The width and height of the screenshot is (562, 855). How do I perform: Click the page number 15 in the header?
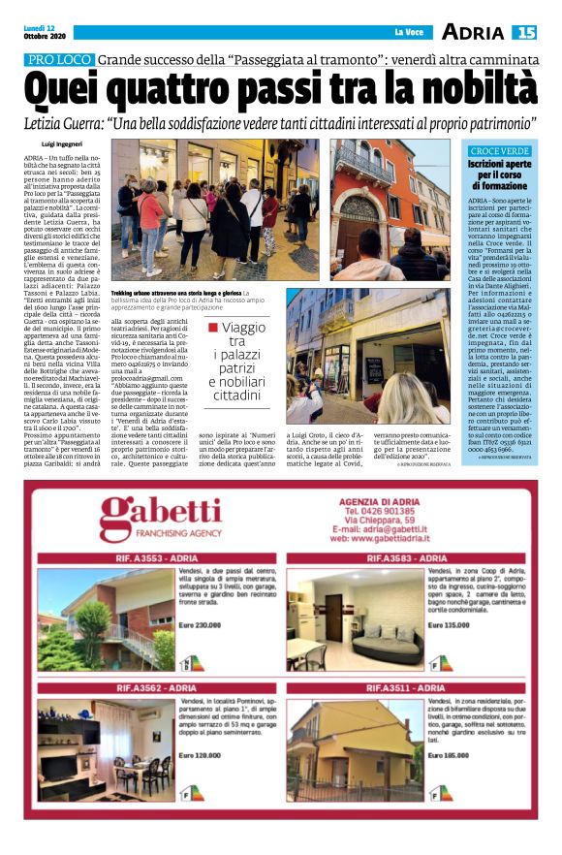(x=524, y=32)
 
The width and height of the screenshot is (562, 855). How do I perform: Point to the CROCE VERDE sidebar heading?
(x=498, y=151)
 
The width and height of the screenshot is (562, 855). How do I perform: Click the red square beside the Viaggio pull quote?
(x=212, y=329)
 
